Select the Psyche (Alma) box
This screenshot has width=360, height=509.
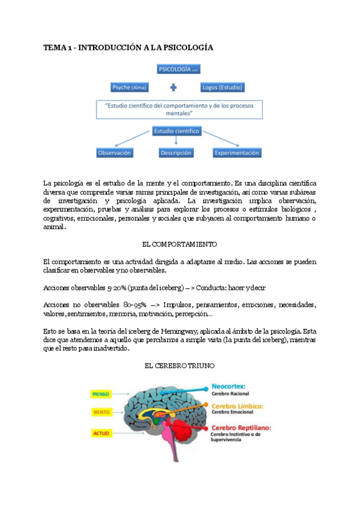130,88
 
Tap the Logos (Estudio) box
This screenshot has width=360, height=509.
221,88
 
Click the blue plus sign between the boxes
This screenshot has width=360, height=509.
174,88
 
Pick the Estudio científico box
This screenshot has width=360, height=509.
176,131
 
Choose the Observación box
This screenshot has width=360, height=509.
115,153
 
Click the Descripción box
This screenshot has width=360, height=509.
176,153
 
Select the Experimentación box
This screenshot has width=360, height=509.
237,153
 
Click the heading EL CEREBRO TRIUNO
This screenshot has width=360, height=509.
179,365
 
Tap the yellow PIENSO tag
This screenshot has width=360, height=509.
100,394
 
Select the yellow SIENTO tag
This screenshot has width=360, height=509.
101,412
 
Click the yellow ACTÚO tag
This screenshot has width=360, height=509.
101,432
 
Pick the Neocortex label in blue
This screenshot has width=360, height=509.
230,387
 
